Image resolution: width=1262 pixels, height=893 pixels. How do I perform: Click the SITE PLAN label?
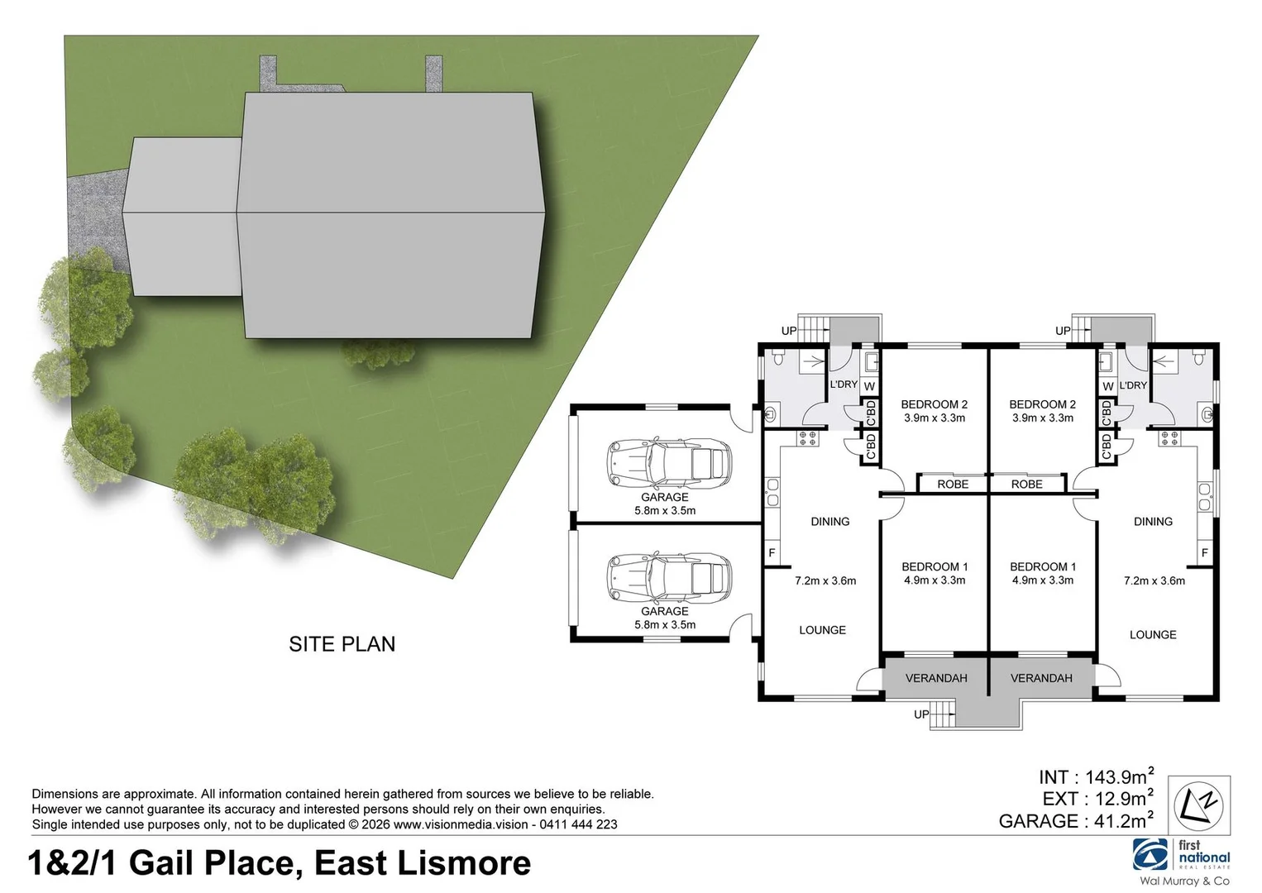tap(342, 643)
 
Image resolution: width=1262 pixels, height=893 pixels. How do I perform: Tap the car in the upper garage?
tap(669, 463)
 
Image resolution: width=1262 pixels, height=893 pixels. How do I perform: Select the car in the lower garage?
tap(669, 576)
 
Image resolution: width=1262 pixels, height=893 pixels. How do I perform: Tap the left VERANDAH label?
tap(936, 678)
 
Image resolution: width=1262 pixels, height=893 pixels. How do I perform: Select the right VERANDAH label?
tap(1041, 678)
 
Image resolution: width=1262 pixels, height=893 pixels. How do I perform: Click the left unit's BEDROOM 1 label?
tap(935, 566)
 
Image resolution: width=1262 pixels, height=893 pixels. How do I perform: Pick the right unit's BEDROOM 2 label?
tap(1042, 404)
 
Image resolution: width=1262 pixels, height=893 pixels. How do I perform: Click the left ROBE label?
tap(953, 484)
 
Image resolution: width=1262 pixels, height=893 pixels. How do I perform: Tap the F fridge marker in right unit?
tap(1204, 552)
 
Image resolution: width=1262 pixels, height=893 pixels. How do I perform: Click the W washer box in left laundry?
tap(868, 386)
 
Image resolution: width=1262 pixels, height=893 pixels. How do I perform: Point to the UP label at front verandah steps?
tap(921, 714)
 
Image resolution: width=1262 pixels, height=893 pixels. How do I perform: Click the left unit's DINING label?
tap(829, 521)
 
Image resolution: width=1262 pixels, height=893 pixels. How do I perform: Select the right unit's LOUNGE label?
tap(1153, 634)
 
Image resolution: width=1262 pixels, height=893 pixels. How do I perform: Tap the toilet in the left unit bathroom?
tap(778, 358)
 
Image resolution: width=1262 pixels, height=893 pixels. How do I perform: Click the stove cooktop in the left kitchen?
tap(808, 438)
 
